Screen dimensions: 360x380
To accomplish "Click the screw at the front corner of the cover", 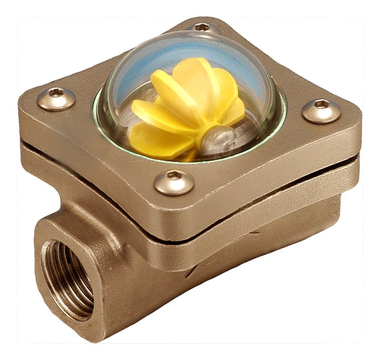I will (x=174, y=182).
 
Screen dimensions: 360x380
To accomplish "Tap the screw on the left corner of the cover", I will (x=56, y=98).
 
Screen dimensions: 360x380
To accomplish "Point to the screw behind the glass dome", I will (x=203, y=28).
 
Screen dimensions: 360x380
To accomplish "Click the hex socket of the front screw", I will (x=174, y=175).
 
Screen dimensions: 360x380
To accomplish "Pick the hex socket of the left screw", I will (x=56, y=92).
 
